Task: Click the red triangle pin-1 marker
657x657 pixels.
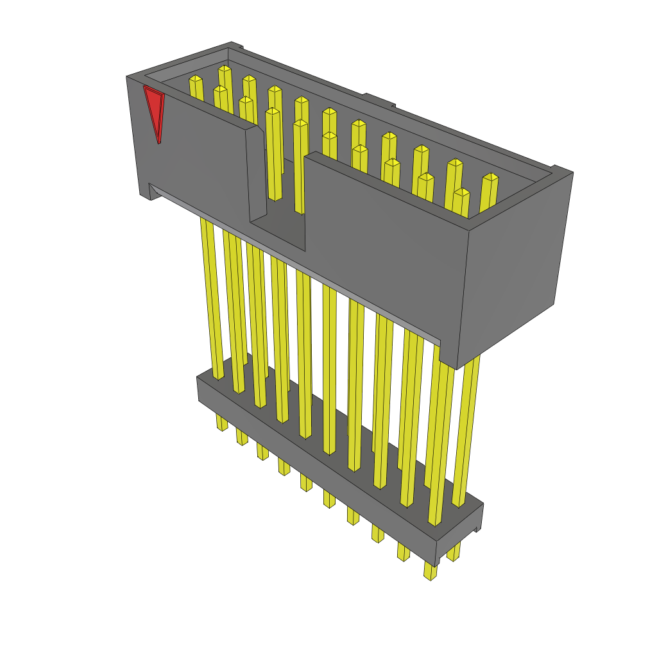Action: pos(154,109)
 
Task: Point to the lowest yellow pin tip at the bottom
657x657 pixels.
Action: pos(430,573)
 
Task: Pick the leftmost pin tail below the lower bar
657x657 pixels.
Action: pos(221,423)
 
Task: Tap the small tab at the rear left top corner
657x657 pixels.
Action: pos(237,46)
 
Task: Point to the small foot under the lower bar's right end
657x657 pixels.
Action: pos(477,528)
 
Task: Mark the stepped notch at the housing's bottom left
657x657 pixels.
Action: pos(146,192)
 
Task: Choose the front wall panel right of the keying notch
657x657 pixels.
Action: pos(385,244)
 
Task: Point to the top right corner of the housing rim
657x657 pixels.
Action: pos(571,172)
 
